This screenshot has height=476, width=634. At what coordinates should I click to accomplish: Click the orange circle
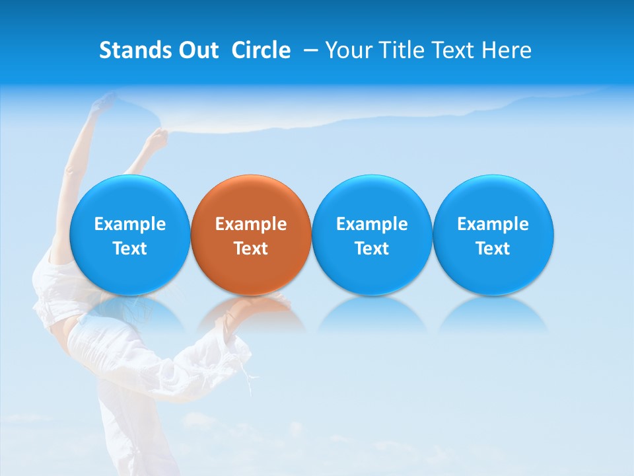[251, 198]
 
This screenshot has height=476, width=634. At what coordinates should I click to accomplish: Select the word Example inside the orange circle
[251, 224]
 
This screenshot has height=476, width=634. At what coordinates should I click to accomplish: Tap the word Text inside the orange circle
[251, 249]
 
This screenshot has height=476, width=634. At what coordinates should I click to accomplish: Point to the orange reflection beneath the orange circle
[251, 313]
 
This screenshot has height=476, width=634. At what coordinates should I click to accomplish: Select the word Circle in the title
[261, 50]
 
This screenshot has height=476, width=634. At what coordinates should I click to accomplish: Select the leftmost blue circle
[129, 198]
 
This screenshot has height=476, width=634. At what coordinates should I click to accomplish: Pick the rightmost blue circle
[493, 198]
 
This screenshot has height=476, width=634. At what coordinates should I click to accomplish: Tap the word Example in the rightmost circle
[493, 224]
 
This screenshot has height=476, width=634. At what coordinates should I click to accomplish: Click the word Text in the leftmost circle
[129, 249]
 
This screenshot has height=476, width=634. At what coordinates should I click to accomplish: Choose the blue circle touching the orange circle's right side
[372, 198]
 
